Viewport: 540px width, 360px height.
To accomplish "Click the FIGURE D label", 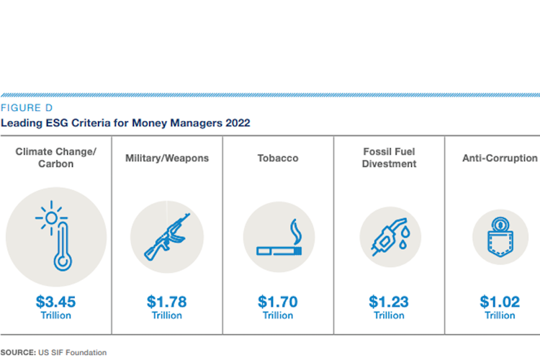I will pos(22,108).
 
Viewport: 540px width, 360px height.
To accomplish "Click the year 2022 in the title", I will pos(238,123).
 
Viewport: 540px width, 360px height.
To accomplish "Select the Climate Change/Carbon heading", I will pos(55,158).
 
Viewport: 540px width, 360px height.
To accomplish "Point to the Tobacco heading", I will pos(278,158).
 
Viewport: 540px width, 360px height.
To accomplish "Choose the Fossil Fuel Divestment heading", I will pos(390,158).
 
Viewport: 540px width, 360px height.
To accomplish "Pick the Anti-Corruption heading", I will pos(500,158).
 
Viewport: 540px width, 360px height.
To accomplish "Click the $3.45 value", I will pos(55,302).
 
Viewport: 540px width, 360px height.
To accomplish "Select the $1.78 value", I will pos(167,302).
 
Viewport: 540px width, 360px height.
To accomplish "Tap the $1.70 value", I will pos(278,302).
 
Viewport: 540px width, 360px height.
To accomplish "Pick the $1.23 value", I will pos(389,302).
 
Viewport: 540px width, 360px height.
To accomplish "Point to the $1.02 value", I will pos(500,302).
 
